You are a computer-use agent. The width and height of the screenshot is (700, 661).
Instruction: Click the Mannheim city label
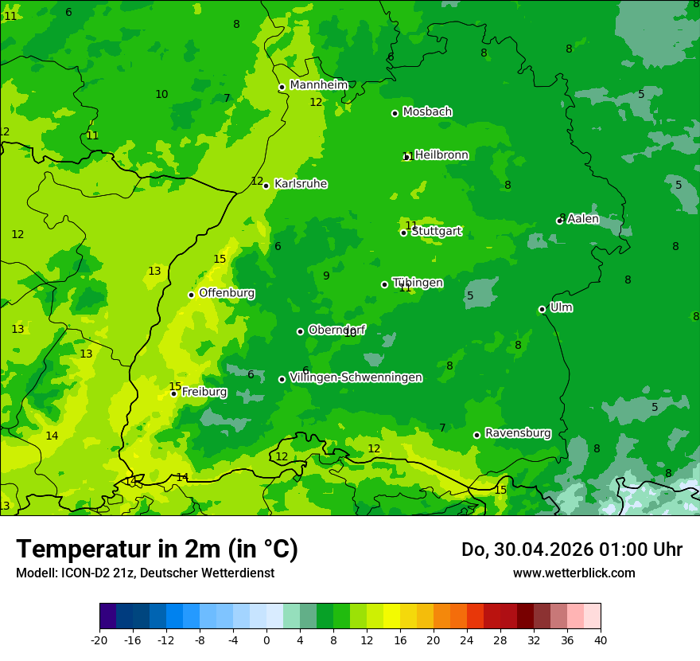(318, 85)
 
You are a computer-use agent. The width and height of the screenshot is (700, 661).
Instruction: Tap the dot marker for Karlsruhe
(266, 186)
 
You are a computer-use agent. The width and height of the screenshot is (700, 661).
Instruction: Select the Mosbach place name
(427, 111)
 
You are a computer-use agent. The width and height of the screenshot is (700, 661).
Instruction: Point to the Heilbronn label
(441, 155)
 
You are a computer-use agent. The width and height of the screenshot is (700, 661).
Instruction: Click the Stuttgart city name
(436, 232)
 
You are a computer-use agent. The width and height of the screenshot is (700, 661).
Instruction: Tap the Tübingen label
(418, 283)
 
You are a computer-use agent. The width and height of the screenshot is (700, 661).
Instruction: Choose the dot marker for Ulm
(542, 309)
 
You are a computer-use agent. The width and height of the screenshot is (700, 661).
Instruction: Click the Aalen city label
(582, 219)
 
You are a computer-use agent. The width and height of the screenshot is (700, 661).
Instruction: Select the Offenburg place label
(227, 293)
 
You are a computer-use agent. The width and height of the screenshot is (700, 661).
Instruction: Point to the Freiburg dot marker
(173, 393)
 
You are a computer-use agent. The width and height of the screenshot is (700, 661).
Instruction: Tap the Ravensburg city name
(518, 433)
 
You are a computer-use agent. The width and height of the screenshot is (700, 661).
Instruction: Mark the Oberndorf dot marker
(300, 331)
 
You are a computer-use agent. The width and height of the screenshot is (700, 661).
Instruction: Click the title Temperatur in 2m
(157, 550)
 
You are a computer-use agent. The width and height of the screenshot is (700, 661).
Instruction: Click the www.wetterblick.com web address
(574, 573)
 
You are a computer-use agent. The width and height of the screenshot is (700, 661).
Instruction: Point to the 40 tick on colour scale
(600, 639)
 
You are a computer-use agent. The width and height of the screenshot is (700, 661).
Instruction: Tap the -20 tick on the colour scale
(99, 639)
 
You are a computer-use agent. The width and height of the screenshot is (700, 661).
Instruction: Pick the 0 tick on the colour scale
(266, 639)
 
